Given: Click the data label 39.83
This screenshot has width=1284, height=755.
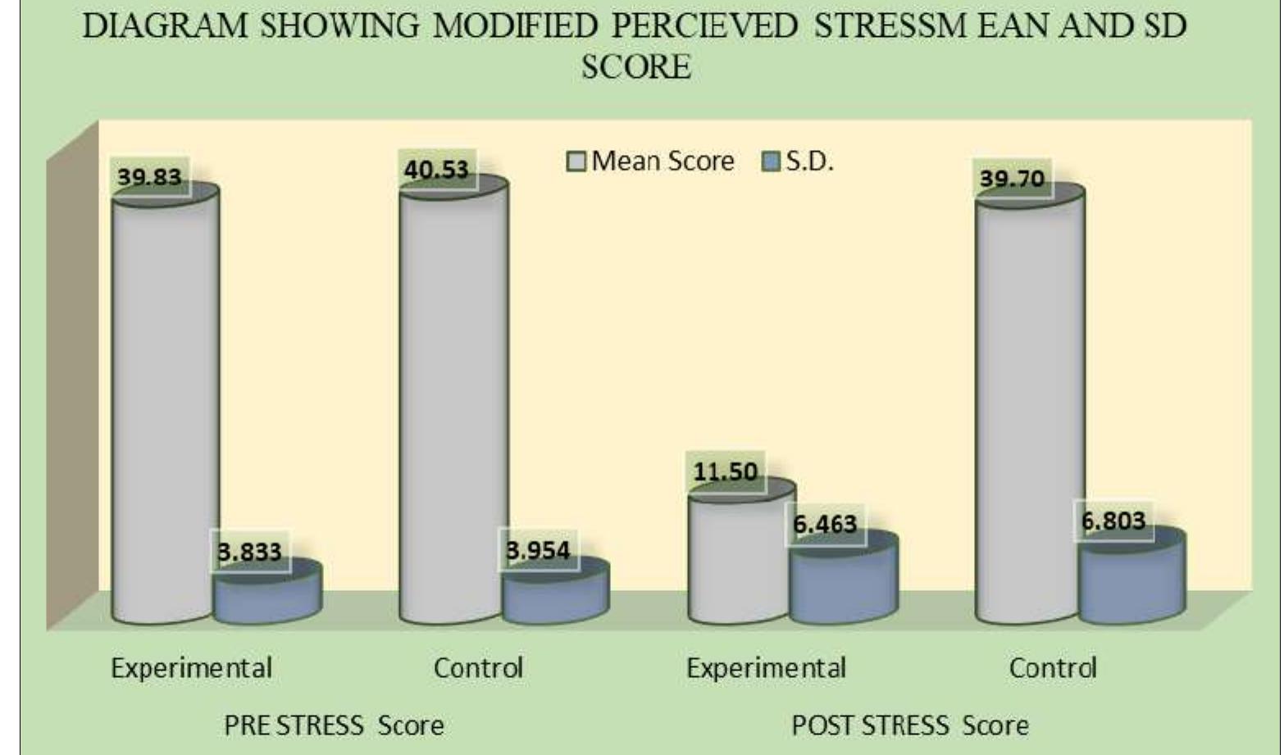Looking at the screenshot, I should [x=149, y=176].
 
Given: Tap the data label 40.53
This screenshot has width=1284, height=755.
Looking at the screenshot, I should [x=436, y=170].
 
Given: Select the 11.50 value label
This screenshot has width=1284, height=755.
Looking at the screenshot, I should [x=726, y=471].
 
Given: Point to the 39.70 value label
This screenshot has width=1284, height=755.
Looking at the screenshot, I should [x=1013, y=178].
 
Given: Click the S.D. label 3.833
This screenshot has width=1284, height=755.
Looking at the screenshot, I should [x=249, y=552].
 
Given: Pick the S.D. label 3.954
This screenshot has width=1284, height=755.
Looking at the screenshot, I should [x=538, y=550].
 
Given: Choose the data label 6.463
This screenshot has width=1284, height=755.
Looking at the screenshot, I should [x=825, y=524].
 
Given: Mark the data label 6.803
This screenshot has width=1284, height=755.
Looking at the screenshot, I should [x=1113, y=521].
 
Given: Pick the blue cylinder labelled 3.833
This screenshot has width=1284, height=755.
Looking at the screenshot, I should [x=266, y=594].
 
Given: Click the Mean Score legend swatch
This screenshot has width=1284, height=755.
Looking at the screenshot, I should [x=577, y=161].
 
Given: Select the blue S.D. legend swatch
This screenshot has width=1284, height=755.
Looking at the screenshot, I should [x=771, y=161].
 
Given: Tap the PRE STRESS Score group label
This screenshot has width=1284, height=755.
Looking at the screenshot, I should [x=334, y=725].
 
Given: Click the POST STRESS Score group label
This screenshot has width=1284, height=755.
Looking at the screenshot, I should [x=909, y=725].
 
